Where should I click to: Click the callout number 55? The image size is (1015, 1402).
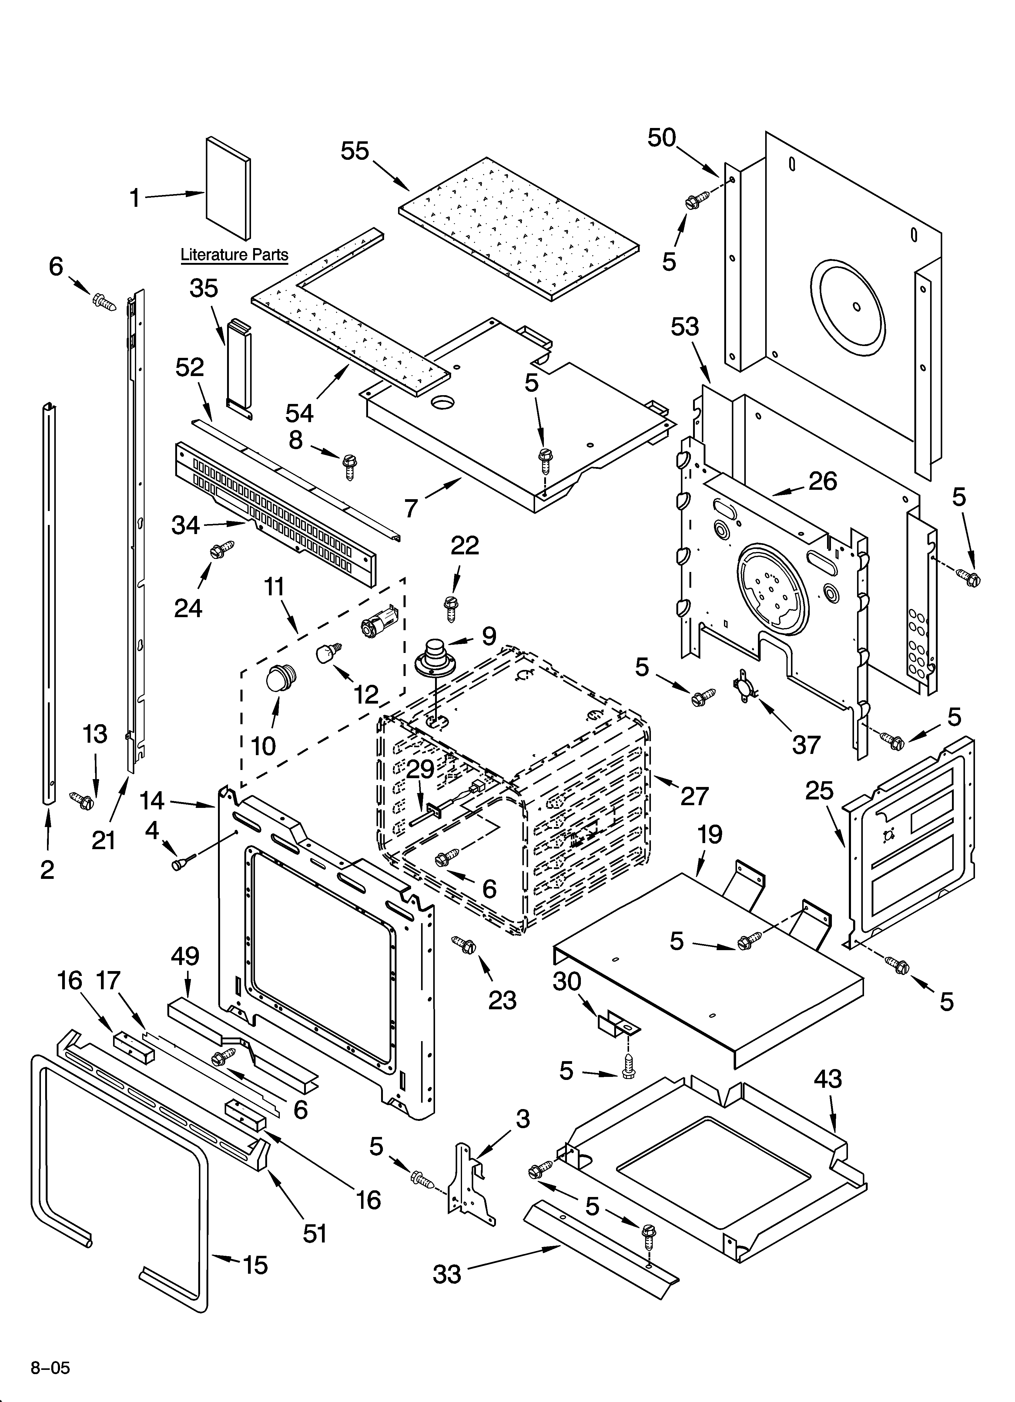(x=355, y=151)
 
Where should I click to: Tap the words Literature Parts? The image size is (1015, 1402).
(x=234, y=255)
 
